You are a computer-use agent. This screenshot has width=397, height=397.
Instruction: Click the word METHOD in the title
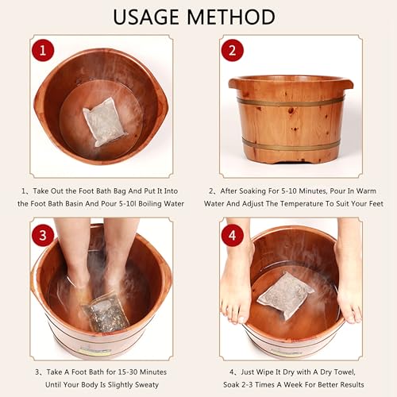pyautogui.click(x=235, y=17)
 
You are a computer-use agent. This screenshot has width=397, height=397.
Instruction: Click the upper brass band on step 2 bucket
pyautogui.click(x=291, y=102)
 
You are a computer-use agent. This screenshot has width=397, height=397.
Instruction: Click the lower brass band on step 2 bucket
pyautogui.click(x=291, y=145)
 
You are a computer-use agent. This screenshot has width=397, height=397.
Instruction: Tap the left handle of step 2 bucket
pyautogui.click(x=236, y=83)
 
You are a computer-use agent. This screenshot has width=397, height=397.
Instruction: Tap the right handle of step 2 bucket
pyautogui.click(x=345, y=83)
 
